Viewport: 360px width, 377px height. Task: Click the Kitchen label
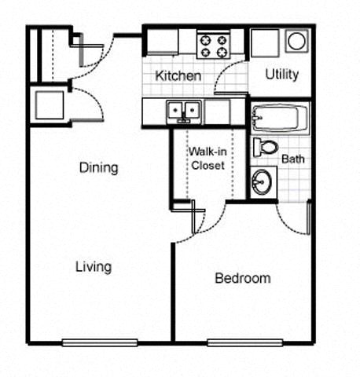(x=178, y=76)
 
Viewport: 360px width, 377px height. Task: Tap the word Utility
(x=281, y=75)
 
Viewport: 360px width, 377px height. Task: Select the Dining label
(x=98, y=167)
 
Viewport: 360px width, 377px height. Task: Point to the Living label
(x=93, y=266)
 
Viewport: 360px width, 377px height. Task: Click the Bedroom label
(x=243, y=278)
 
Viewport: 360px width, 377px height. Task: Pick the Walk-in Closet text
(x=207, y=159)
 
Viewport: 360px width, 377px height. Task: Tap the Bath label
(x=293, y=159)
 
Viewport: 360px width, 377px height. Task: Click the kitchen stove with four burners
(x=212, y=44)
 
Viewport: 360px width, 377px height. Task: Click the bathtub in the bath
(x=280, y=119)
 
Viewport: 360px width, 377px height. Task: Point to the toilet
(x=265, y=147)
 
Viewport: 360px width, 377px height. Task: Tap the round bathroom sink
(x=262, y=182)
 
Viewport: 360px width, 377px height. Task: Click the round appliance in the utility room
(x=297, y=41)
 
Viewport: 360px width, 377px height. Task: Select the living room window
(x=100, y=342)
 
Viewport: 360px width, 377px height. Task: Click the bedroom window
(x=244, y=342)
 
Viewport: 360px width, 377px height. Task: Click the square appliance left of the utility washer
(x=264, y=42)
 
